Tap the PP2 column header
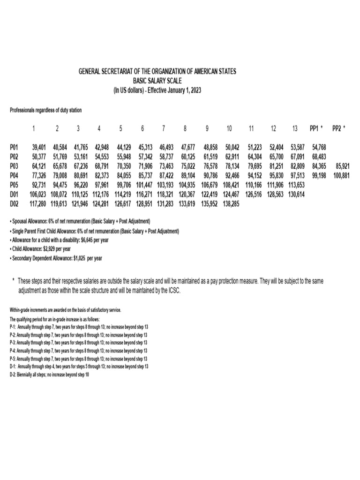point(338,128)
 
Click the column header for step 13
point(294,128)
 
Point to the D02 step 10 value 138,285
point(229,204)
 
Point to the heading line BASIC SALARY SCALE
point(157,81)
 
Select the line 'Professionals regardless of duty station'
point(45,111)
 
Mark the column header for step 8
point(185,128)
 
